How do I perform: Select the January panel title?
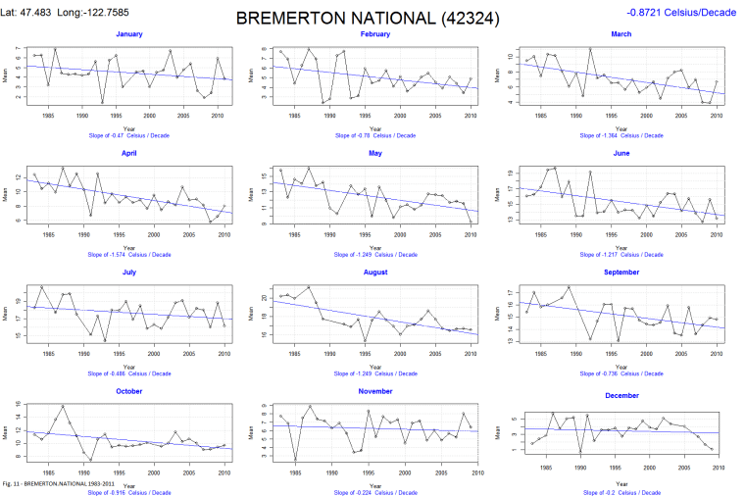(x=128, y=34)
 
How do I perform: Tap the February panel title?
(x=374, y=34)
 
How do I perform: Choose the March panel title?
(x=621, y=34)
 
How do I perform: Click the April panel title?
(x=128, y=153)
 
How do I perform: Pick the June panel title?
(x=621, y=153)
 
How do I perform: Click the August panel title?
(x=374, y=272)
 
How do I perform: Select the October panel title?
(x=128, y=391)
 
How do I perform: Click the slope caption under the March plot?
(x=621, y=135)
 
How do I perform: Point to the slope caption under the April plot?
(x=128, y=254)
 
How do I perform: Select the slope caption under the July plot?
(x=128, y=372)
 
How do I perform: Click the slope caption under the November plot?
(x=374, y=491)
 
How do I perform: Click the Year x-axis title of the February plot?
(x=374, y=128)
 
